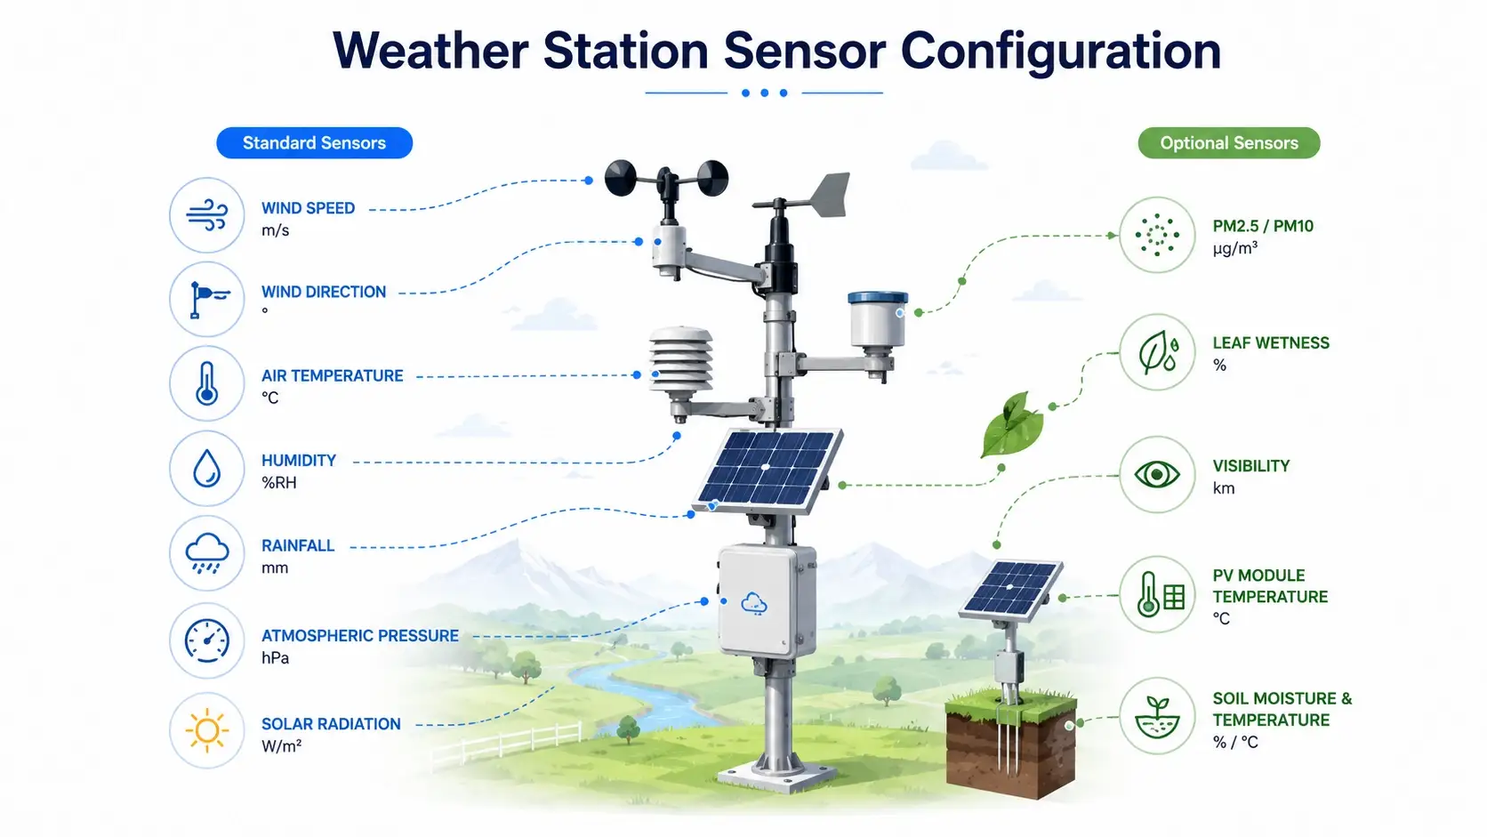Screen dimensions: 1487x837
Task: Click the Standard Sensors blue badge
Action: pos(314,142)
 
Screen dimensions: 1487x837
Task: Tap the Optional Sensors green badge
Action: pos(1229,142)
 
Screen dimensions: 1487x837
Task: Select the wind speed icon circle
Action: pos(207,215)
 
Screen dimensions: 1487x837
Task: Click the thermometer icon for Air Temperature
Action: pos(207,383)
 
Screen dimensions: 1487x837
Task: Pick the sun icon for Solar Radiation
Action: pos(207,730)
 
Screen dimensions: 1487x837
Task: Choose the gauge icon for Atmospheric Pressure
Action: pos(207,640)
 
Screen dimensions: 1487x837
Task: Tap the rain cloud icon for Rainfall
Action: pos(207,552)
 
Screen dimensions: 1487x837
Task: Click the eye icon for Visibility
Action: pos(1157,475)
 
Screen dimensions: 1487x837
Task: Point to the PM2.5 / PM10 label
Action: pos(1263,226)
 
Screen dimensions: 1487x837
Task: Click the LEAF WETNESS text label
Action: pos(1271,343)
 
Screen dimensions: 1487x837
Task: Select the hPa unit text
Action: pos(276,658)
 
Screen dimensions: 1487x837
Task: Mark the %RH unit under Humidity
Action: pos(279,483)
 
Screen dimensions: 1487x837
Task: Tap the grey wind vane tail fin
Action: pos(829,195)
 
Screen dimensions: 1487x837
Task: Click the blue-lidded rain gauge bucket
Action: pos(878,320)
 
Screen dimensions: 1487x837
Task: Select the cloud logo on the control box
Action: pos(754,603)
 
